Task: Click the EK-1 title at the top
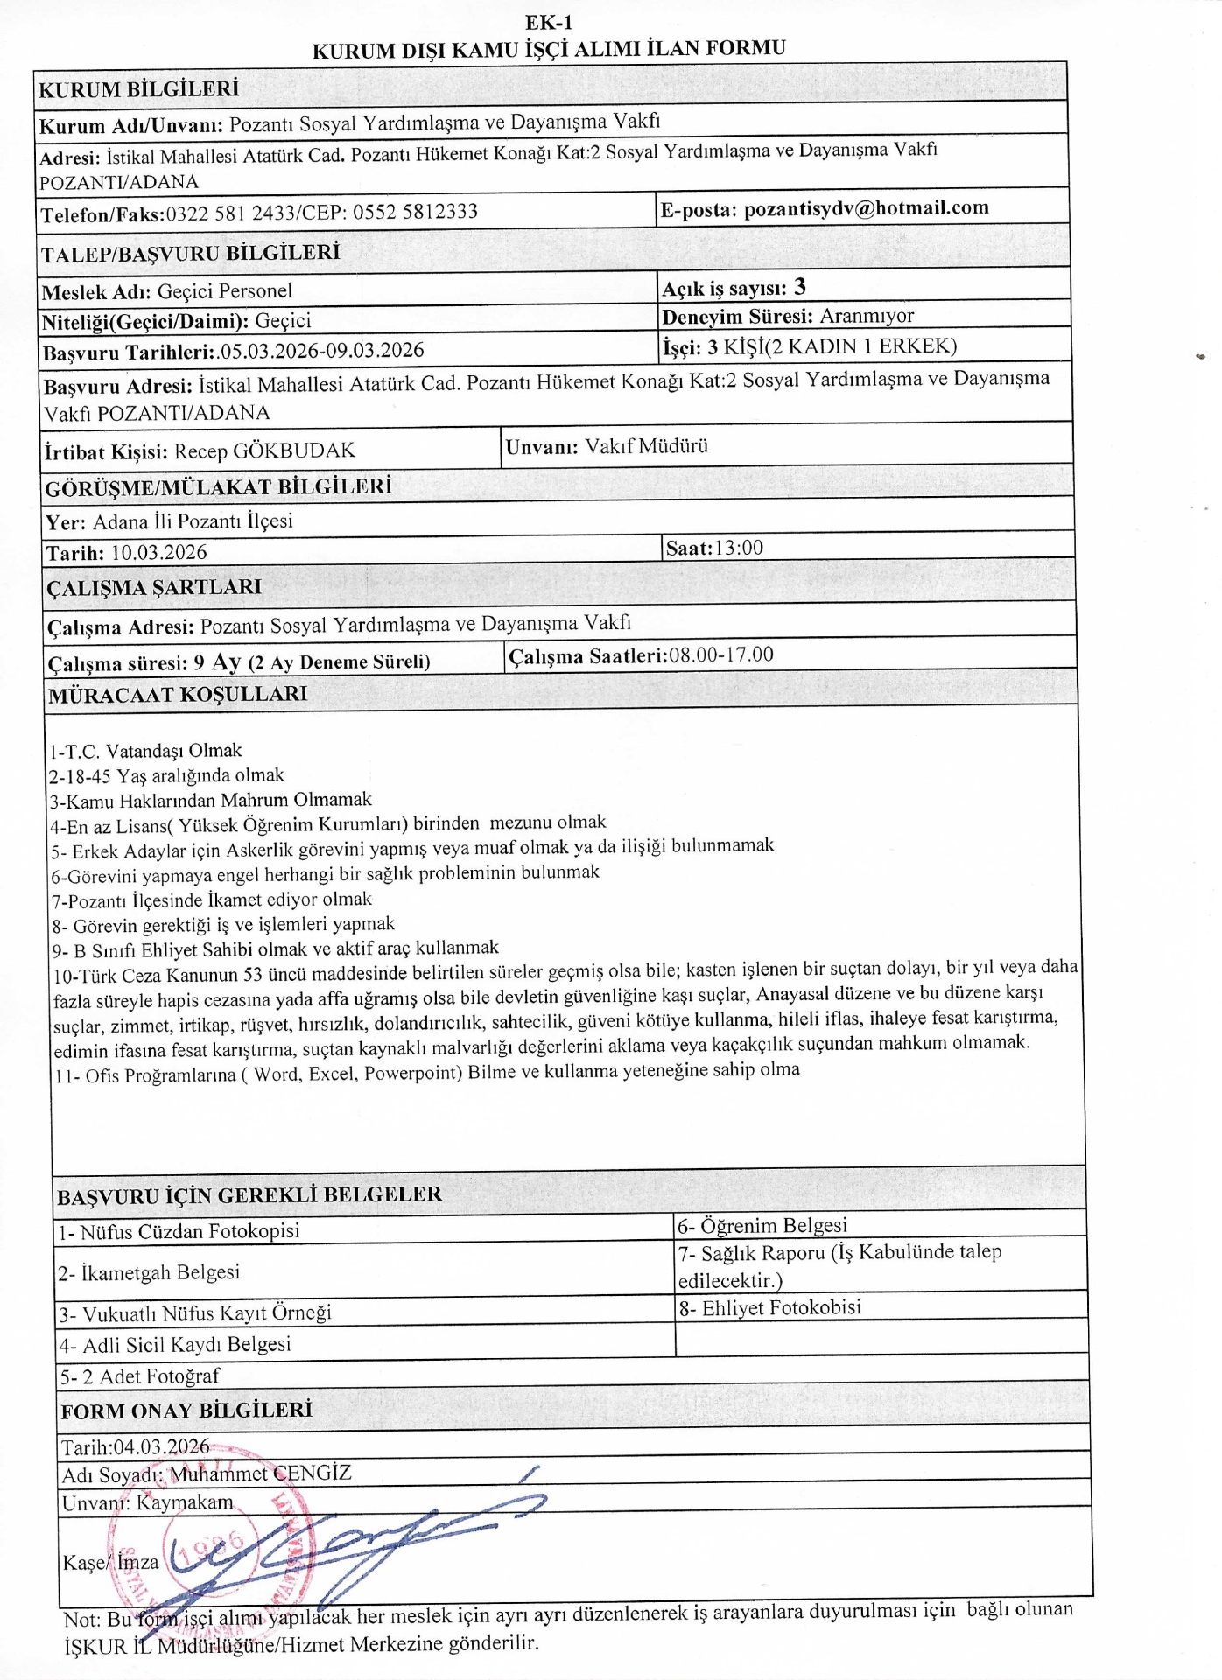[549, 23]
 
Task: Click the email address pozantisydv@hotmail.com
[866, 209]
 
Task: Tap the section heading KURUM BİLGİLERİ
[138, 89]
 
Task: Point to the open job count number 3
[800, 288]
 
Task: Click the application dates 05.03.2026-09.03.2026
[322, 351]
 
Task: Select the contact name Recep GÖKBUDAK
[264, 451]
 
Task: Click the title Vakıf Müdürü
[646, 446]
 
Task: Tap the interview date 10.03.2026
[158, 553]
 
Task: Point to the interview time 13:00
[739, 549]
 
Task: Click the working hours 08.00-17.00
[720, 654]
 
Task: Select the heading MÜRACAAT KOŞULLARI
[178, 695]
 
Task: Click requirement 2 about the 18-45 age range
[166, 776]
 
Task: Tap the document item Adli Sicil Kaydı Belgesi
[186, 1345]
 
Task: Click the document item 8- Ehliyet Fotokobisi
[769, 1307]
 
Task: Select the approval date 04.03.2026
[162, 1446]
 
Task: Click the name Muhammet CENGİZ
[260, 1474]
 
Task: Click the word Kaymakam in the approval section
[185, 1502]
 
